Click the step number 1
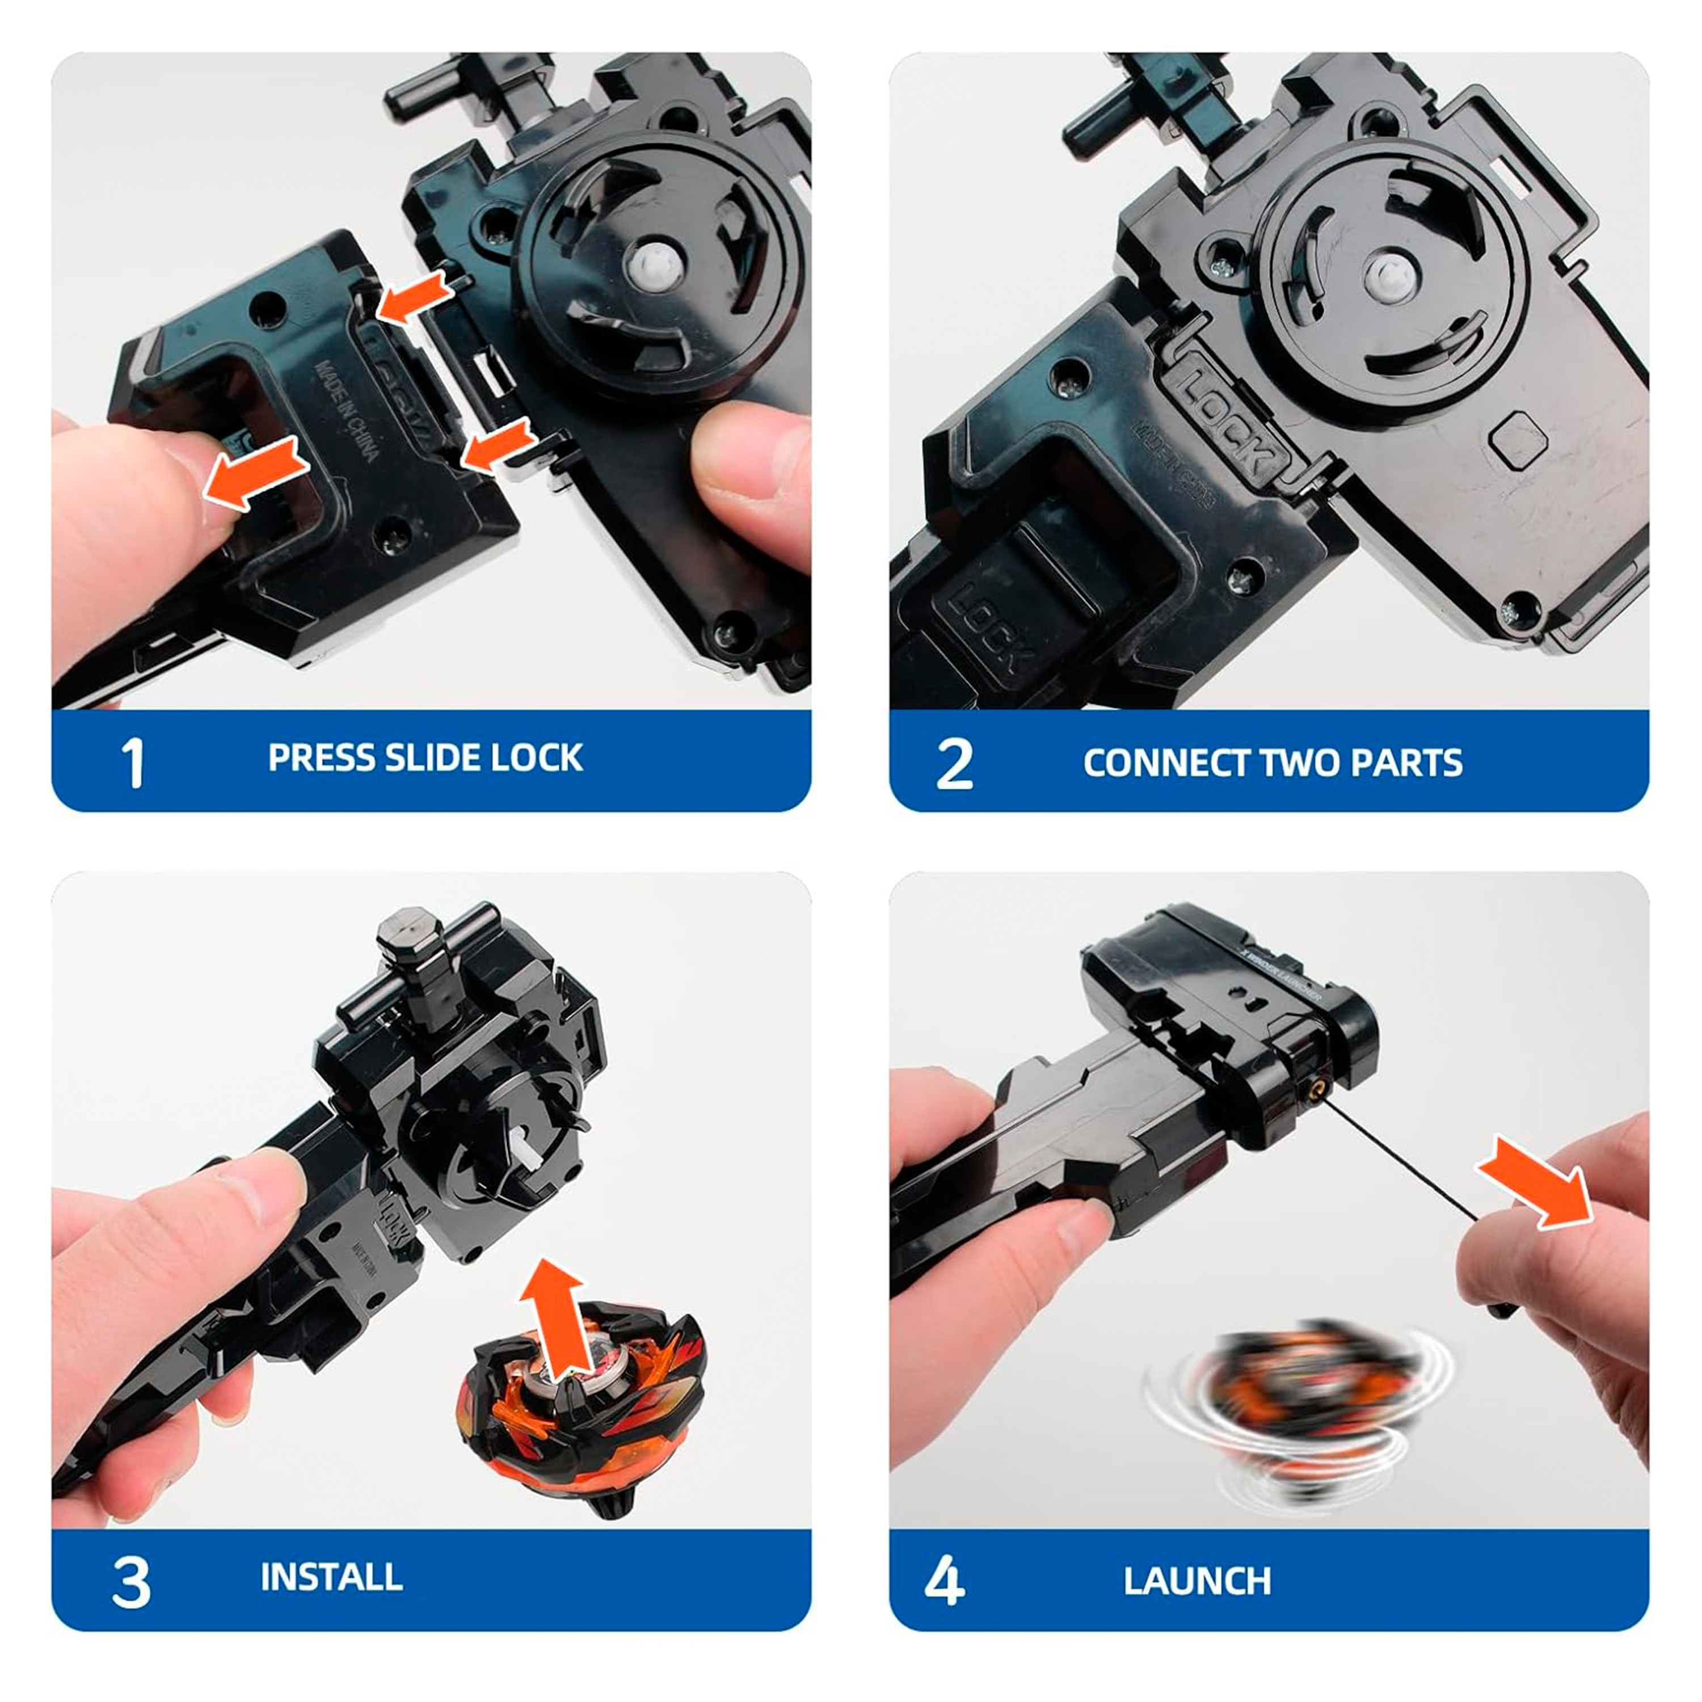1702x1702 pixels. point(132,763)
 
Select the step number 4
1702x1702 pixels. point(943,1581)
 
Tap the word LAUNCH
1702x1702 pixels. point(1197,1581)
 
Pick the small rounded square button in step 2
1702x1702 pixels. point(1518,438)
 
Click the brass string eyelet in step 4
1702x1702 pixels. point(1315,1090)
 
